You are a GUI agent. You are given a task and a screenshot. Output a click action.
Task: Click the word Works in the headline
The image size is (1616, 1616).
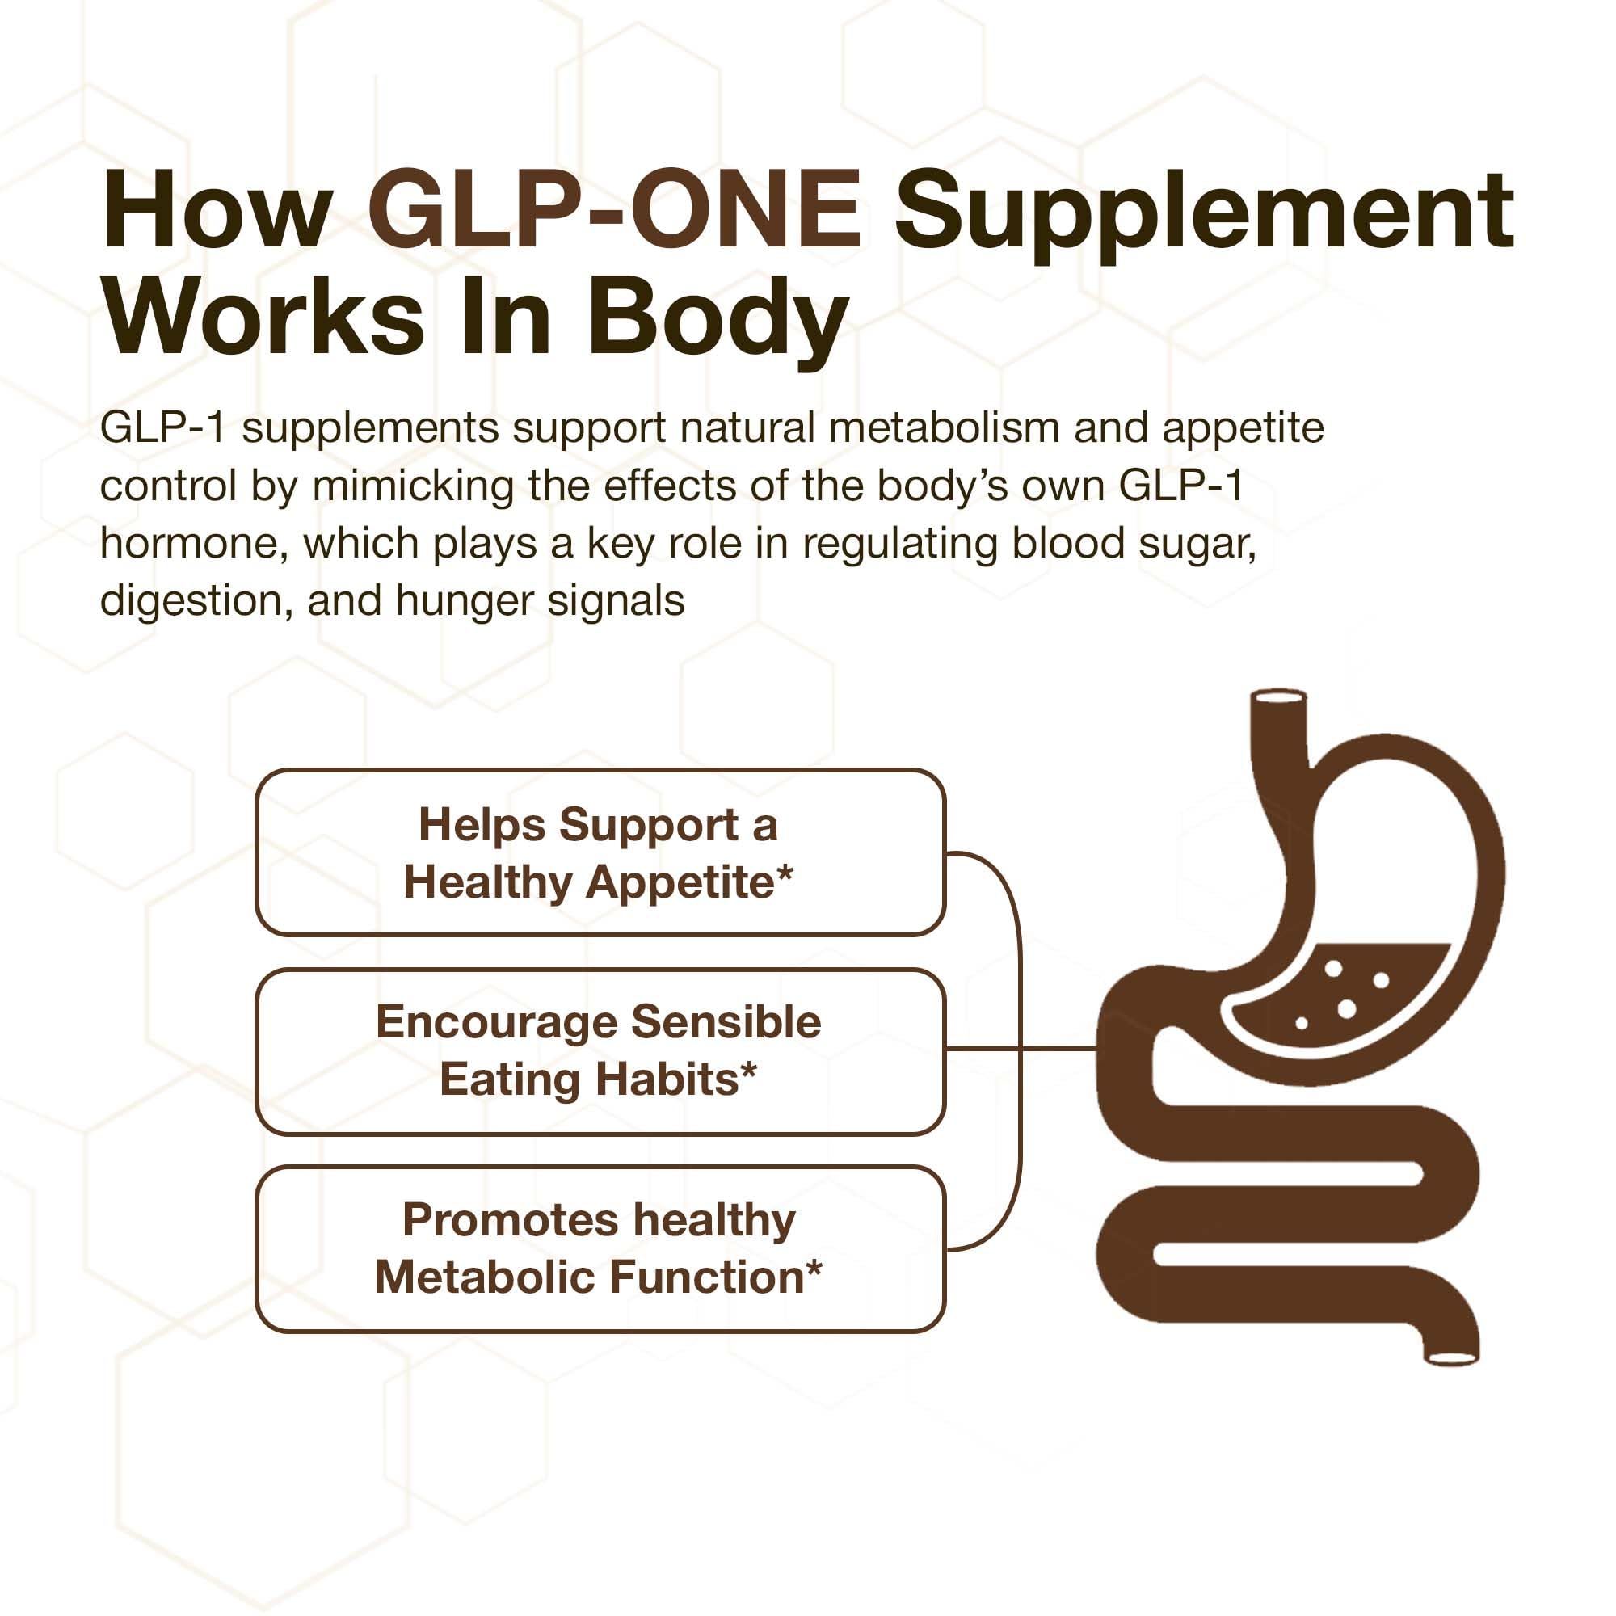click(263, 318)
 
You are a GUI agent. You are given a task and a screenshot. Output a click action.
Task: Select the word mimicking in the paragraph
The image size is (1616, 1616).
click(412, 486)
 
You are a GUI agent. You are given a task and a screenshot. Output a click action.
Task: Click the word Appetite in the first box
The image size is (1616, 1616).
click(681, 883)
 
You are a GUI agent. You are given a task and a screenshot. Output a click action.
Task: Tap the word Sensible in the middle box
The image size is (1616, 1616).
click(726, 1022)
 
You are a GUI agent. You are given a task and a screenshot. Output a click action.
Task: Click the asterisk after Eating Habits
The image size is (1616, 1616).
click(749, 1071)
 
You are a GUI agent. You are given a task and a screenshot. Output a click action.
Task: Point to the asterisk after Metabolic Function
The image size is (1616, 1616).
click(813, 1269)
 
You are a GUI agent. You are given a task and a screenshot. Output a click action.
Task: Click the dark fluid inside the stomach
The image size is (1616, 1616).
click(1338, 995)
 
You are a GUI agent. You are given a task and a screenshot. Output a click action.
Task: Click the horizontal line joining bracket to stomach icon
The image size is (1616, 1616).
click(1058, 1048)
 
